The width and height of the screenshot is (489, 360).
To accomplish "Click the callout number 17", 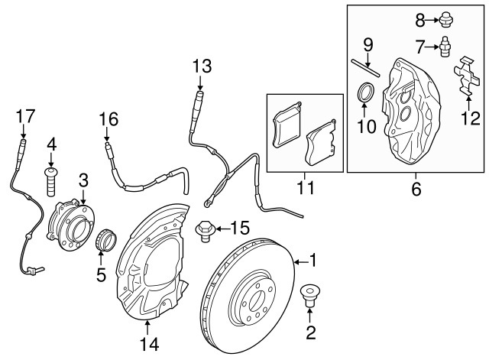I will click(26, 116).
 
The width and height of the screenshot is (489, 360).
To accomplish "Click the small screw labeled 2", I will click(310, 294).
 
